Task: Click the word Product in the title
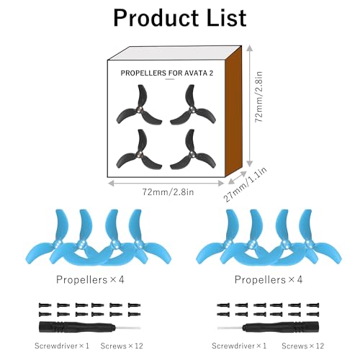[x=156, y=19]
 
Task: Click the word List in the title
[x=227, y=17]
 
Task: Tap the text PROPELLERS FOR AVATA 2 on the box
[x=167, y=73]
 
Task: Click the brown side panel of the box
[x=233, y=111]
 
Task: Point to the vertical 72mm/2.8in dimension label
[x=258, y=96]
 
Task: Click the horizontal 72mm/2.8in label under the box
[x=168, y=192]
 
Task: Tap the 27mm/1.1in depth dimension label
[x=246, y=184]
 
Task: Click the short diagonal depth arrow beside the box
[x=237, y=178]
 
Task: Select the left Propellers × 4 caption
[x=90, y=279]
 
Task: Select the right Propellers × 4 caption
[x=269, y=279]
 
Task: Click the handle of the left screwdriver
[x=77, y=327]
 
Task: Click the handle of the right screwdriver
[x=281, y=327]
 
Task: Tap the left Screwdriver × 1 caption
[x=62, y=346]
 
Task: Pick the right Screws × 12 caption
[x=303, y=346]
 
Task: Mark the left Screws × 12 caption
[x=122, y=346]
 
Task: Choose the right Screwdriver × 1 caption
[x=239, y=346]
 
